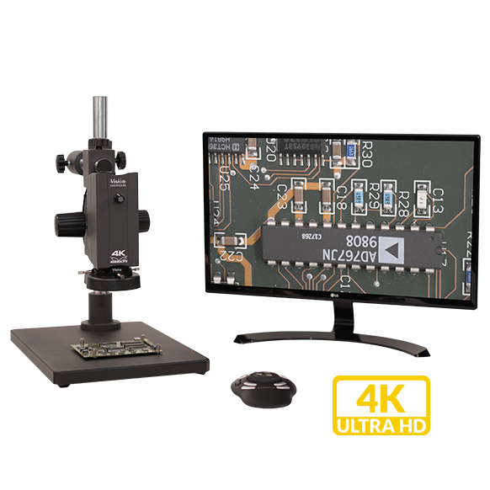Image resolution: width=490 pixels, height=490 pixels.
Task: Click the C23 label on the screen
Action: pos(281,199)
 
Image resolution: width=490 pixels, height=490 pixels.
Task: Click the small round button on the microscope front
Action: pos(120,200)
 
